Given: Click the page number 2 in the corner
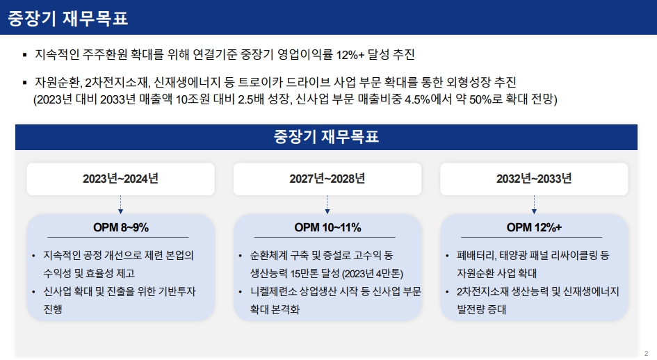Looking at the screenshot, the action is tap(646, 353).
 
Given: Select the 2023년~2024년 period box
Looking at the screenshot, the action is tap(121, 179).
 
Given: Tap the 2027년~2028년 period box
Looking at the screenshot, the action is tap(327, 179).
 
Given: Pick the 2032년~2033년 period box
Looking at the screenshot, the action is tap(534, 179).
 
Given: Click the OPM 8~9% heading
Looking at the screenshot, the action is tap(121, 227).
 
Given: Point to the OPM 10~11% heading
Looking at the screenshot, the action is tap(327, 227).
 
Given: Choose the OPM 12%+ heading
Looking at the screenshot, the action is tap(534, 227).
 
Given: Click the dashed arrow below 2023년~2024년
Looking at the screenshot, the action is tap(121, 204).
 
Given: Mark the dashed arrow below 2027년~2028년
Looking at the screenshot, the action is tap(327, 204).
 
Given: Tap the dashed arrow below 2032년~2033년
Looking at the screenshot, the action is tap(534, 204).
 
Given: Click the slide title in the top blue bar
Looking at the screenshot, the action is tap(67, 19).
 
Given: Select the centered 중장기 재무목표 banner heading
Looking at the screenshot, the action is tap(326, 137).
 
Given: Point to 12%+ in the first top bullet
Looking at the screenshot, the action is tap(350, 55).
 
